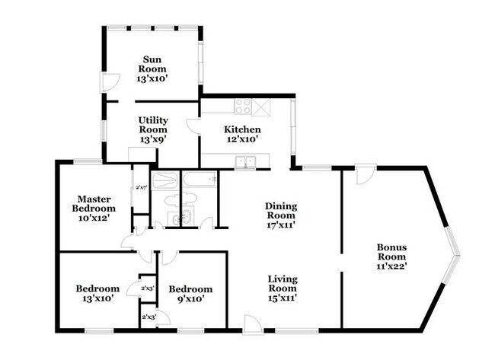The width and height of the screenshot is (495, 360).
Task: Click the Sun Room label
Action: coord(152,64)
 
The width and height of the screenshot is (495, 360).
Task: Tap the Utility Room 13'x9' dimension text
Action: coord(153,139)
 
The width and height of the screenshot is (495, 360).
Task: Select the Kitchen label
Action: coord(242,129)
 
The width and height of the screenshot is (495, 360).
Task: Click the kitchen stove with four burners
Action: coord(243,106)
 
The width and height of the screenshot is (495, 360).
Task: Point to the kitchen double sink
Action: coord(245,162)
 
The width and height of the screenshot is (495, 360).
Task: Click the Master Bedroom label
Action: coord(94,203)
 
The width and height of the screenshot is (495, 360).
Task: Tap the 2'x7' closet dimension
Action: coord(142,187)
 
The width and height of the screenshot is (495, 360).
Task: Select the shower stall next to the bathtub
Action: coord(165,180)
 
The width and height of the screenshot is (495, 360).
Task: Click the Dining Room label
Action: coord(281,211)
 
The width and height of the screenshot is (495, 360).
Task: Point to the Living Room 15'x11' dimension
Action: coord(283,298)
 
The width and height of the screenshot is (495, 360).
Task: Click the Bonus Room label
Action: coord(391,252)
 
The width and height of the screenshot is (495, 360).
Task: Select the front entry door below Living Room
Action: coord(253,324)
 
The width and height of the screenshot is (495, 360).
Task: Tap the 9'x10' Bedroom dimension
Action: coord(190,298)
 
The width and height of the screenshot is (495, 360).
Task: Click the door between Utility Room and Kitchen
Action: coord(193,127)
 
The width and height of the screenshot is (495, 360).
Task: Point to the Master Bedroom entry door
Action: coord(128,242)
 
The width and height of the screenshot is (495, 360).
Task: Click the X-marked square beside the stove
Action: coord(261,107)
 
